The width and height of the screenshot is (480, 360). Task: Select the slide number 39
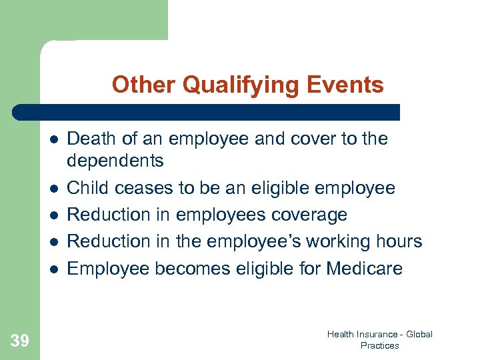click(20, 341)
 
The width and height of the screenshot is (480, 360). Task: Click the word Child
click(89, 189)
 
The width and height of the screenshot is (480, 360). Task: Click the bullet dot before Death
click(52, 139)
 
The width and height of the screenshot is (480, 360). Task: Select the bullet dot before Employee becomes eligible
click(52, 269)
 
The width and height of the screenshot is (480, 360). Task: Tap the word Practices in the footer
click(379, 345)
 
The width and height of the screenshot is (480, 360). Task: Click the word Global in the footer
click(419, 334)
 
